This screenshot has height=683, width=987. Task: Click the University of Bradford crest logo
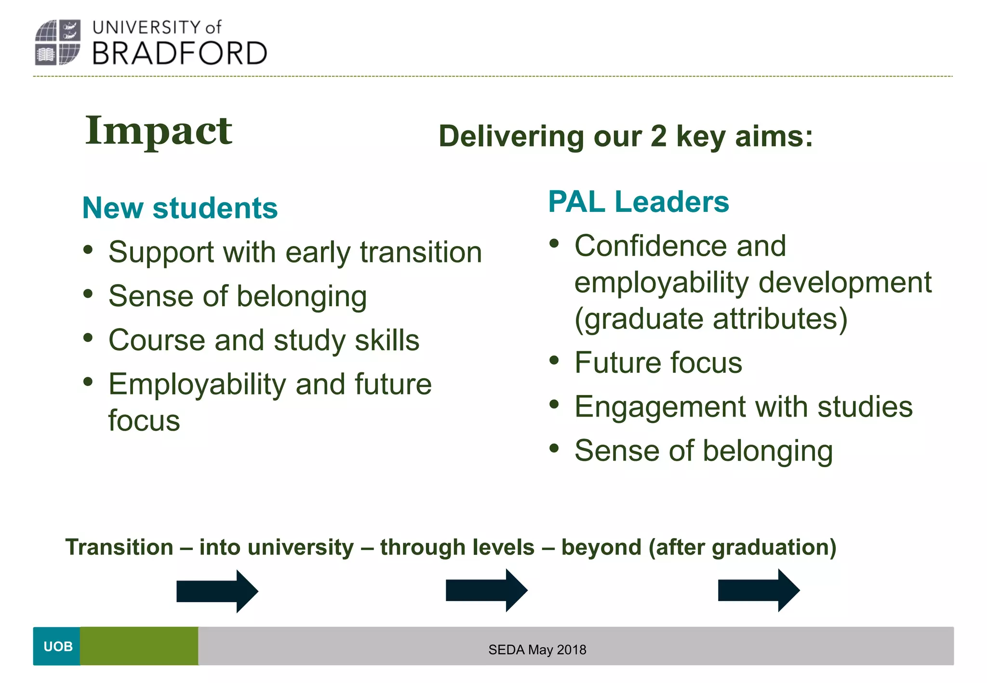pos(58,42)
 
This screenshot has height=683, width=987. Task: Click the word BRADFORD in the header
pos(179,53)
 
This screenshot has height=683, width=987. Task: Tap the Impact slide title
pos(159,131)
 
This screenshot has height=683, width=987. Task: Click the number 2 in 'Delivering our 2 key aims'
pos(658,136)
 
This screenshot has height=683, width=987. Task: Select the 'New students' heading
pos(180,208)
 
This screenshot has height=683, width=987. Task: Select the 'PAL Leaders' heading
pos(638,202)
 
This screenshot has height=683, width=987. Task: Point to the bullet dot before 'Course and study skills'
pos(88,338)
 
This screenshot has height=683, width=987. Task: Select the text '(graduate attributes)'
pos(711,319)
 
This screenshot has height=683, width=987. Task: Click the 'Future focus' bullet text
pos(658,363)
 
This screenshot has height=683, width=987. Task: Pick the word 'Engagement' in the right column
pos(660,407)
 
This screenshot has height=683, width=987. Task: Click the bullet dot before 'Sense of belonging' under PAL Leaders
pos(554,448)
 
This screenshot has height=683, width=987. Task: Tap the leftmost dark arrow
pos(217,591)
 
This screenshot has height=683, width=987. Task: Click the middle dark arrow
pos(486,590)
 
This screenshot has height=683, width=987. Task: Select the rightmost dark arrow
pos(758,590)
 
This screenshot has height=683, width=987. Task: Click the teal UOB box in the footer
pos(57,646)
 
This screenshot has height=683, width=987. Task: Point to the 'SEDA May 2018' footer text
pos(537,650)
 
